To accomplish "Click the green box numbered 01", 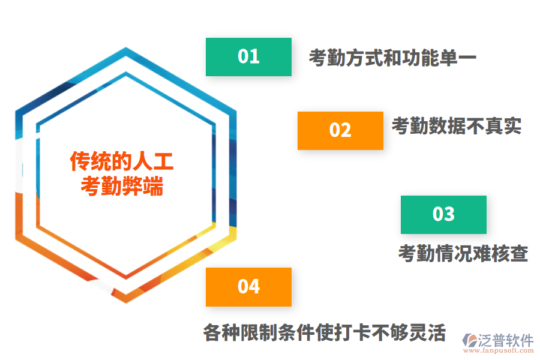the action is click(248, 57).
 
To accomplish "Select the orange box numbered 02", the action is click(340, 131).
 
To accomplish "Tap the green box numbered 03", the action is click(443, 215).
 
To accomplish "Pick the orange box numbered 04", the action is click(248, 287).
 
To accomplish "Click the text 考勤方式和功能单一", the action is click(392, 58).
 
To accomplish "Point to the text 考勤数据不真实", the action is click(457, 126).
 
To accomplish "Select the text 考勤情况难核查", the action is click(463, 254).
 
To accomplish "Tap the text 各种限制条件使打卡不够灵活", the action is click(325, 332).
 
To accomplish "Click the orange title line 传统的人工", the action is click(122, 161).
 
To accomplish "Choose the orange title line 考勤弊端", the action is click(122, 186).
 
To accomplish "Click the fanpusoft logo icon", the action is click(470, 340).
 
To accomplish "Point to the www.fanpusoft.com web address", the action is click(499, 350).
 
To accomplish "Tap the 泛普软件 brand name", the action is click(506, 340).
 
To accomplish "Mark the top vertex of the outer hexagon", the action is click(126, 47).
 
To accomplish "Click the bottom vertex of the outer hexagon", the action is click(126, 303).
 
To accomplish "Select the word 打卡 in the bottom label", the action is click(352, 332).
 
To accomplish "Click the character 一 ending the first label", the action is click(467, 58).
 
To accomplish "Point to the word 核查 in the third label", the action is click(509, 254).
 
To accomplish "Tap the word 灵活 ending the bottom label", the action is click(428, 332).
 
